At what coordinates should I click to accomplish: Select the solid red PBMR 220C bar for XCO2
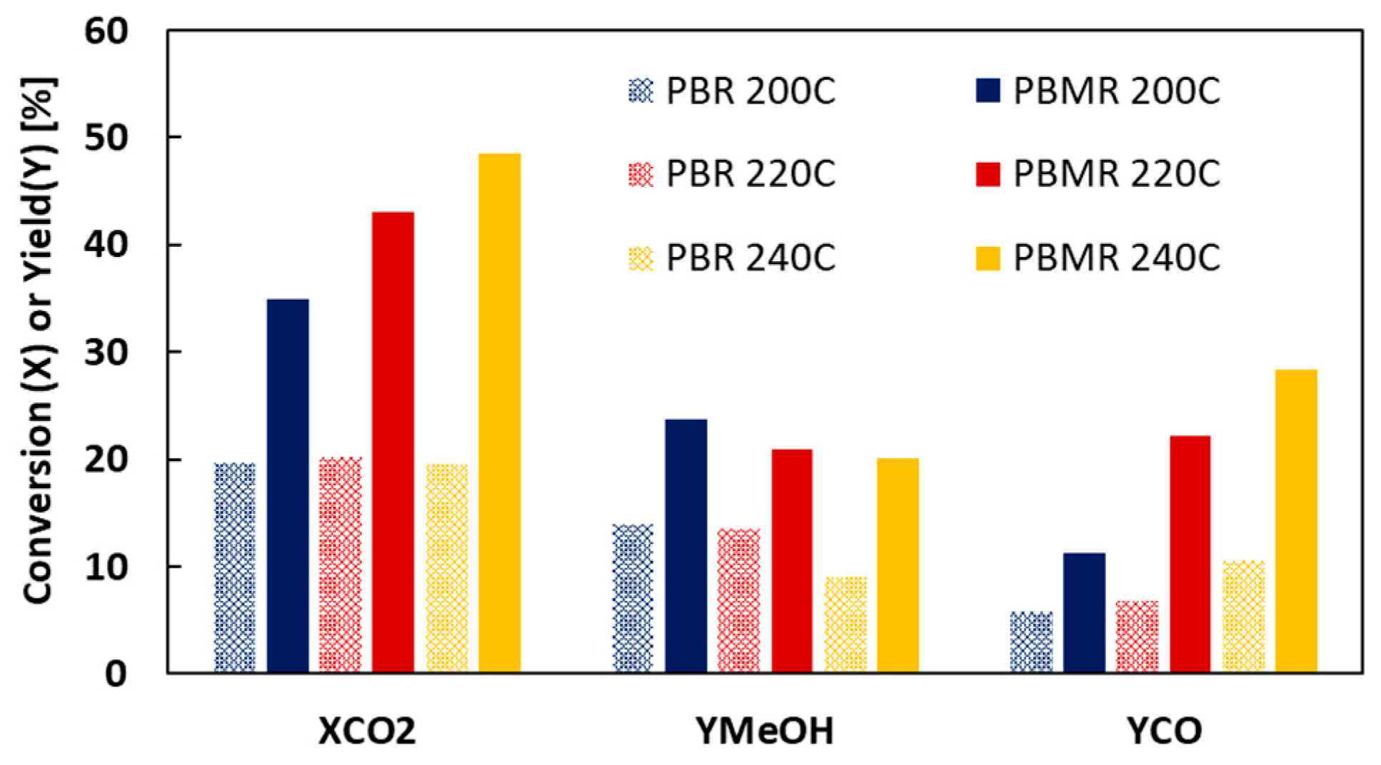coord(393,442)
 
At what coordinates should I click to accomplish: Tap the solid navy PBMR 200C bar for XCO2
coord(288,485)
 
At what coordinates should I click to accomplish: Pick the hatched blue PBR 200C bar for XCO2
coord(235,567)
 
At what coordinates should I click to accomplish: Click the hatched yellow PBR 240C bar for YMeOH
coord(845,624)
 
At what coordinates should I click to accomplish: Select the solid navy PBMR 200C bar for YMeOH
coord(686,546)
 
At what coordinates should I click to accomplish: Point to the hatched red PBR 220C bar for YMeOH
coord(738,600)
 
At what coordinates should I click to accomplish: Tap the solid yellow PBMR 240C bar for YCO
coord(1296,521)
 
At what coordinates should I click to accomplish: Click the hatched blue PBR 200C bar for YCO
coord(1031,642)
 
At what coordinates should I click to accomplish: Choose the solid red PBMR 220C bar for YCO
coord(1190,554)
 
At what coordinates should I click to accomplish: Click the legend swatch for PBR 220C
coord(641,174)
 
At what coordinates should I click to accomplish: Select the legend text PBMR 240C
coord(1117,258)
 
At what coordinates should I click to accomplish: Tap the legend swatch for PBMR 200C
coord(988,91)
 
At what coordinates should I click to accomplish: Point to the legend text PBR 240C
coord(750,258)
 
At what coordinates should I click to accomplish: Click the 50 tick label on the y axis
coord(106,138)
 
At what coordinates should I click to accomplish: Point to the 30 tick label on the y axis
coord(106,353)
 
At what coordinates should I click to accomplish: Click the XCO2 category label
coord(366,731)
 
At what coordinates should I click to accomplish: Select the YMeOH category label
coord(764,731)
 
